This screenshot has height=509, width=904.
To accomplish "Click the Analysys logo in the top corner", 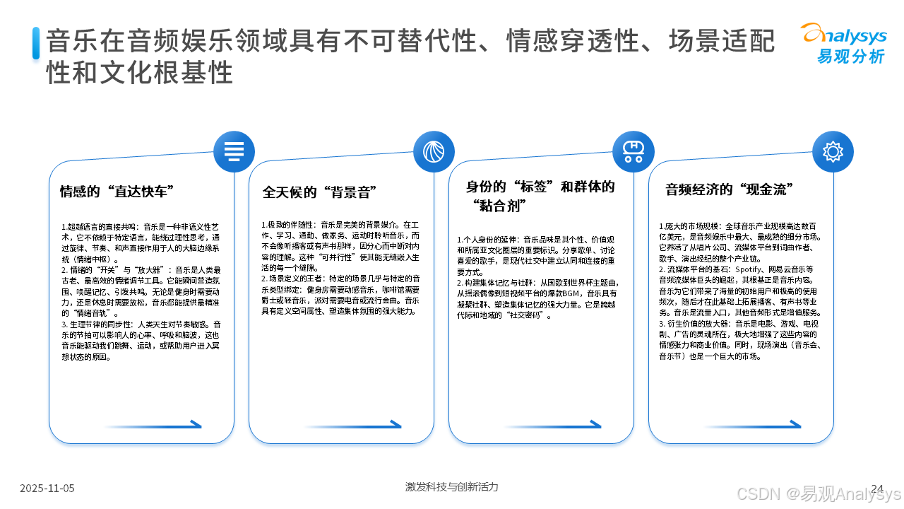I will click(x=843, y=43).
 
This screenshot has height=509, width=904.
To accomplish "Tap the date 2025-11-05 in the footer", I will click(x=47, y=488).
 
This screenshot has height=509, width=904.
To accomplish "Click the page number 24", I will click(x=878, y=488).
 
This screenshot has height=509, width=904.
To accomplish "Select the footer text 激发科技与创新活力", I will click(x=452, y=486).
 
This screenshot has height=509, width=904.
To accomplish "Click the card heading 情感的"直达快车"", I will click(x=117, y=192).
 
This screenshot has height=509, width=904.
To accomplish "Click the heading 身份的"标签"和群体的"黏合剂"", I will click(x=540, y=196).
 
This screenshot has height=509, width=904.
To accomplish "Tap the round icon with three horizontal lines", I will click(x=234, y=151).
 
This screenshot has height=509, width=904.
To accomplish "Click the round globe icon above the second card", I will click(x=434, y=151).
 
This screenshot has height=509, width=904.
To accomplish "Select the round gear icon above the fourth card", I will click(x=833, y=151).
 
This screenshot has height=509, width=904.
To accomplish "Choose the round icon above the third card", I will click(x=633, y=151).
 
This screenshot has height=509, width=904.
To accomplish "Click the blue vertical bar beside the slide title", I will click(x=36, y=43).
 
